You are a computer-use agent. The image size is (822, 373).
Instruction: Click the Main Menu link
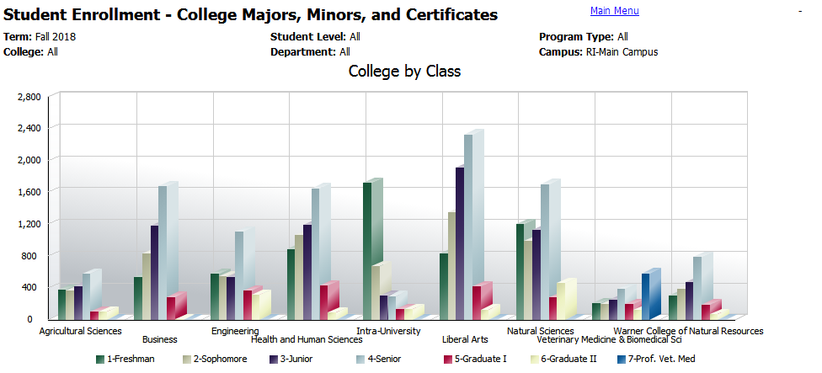(614, 11)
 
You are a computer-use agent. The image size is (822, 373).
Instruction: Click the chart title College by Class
(404, 72)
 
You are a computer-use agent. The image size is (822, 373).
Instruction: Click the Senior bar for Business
(163, 252)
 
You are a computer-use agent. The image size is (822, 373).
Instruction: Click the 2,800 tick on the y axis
(28, 97)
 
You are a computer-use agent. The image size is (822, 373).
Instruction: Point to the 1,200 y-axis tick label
(28, 223)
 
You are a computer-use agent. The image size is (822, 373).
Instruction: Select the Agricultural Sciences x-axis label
(81, 331)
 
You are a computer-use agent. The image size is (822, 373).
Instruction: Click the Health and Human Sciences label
(307, 340)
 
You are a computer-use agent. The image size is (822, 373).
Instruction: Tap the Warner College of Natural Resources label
(688, 331)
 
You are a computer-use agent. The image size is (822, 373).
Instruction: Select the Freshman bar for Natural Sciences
(520, 270)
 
